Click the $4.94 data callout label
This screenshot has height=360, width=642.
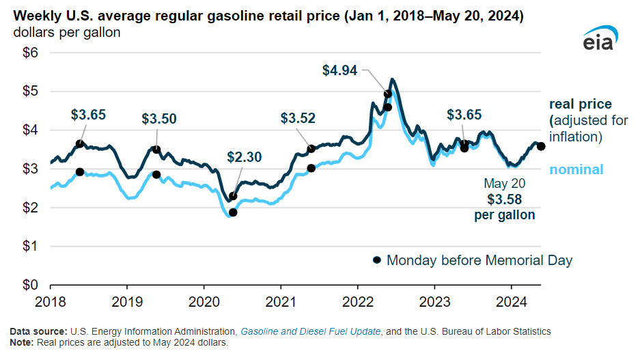click(339, 69)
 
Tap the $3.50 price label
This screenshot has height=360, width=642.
click(158, 118)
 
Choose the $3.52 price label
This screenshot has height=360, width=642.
click(298, 118)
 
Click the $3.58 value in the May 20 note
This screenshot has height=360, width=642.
click(505, 199)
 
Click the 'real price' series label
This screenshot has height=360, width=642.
click(580, 105)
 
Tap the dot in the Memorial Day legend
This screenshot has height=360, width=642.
click(376, 260)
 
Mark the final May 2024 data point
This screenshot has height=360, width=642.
click(541, 146)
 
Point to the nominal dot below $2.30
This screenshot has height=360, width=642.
click(233, 212)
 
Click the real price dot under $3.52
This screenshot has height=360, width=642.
click(311, 148)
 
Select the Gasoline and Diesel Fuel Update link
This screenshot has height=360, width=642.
click(310, 331)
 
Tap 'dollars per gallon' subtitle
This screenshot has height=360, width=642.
click(65, 32)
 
